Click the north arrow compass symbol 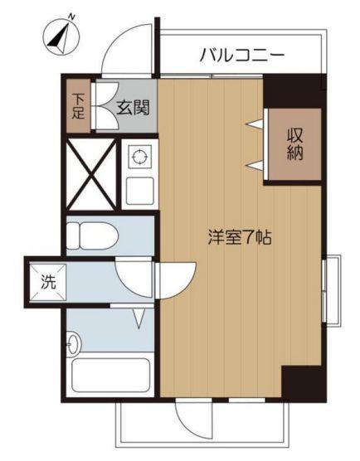pyautogui.click(x=61, y=37)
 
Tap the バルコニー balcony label pyautogui.click(x=242, y=56)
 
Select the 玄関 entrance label pyautogui.click(x=134, y=108)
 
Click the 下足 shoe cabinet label pyautogui.click(x=78, y=106)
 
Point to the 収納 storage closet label pyautogui.click(x=295, y=144)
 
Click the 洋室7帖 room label pyautogui.click(x=240, y=237)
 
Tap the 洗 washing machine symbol pyautogui.click(x=48, y=282)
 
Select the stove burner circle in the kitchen pyautogui.click(x=139, y=157)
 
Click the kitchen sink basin pyautogui.click(x=139, y=191)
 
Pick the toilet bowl pyautogui.click(x=92, y=235)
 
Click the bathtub pyautogui.click(x=110, y=375)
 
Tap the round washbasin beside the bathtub pyautogui.click(x=72, y=344)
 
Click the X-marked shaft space pyautogui.click(x=91, y=175)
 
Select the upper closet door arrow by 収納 pyautogui.click(x=255, y=124)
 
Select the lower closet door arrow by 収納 pyautogui.click(x=255, y=166)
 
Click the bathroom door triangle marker pyautogui.click(x=139, y=318)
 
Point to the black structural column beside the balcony pyautogui.click(x=294, y=91)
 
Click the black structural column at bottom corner pyautogui.click(x=304, y=384)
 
